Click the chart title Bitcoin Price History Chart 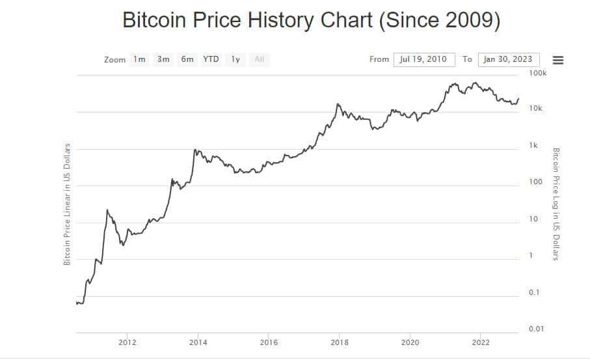pos(311,20)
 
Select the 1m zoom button pos(139,59)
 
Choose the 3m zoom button pos(163,59)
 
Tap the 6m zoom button pos(187,59)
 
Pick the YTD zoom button pos(211,59)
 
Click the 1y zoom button pos(235,59)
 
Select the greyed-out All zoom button pos(260,59)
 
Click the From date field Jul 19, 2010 pos(423,59)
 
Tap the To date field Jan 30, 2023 pos(507,59)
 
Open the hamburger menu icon pos(557,60)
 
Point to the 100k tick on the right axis pos(537,74)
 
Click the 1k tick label pos(533,146)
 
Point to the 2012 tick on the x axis pos(127,342)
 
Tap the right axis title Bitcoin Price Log pos(556,204)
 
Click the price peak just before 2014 pos(194,150)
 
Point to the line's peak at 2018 pos(338,104)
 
